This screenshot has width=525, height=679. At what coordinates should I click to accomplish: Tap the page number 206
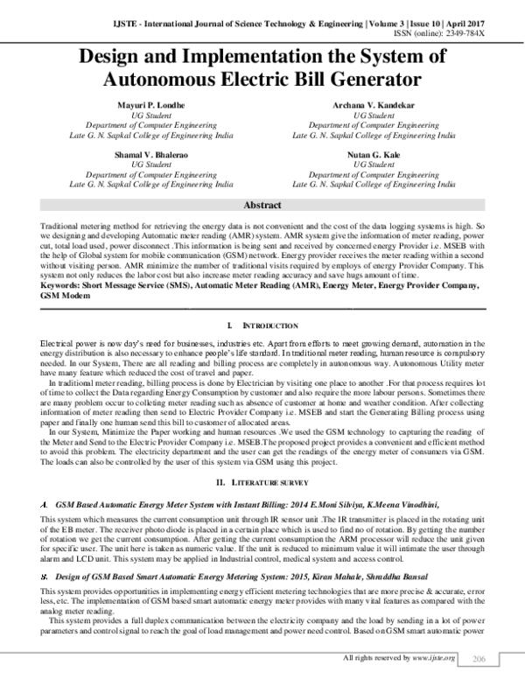click(478, 657)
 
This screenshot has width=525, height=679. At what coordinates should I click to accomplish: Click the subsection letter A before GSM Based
click(44, 481)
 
